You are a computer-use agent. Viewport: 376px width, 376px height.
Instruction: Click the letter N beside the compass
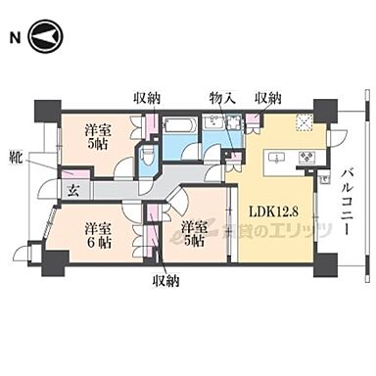[14, 39]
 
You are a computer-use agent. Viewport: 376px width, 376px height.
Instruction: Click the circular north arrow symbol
[44, 39]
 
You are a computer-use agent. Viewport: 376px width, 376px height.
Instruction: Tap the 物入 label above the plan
[222, 97]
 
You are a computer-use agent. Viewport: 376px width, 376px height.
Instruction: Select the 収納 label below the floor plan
[166, 282]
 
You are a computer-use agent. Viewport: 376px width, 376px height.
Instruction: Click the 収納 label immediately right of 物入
[268, 97]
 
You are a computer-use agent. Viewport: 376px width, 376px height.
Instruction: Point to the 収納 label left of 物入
[148, 97]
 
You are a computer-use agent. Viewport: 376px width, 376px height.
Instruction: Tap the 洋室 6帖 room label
[93, 230]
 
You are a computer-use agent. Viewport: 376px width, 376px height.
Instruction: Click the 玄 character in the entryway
[70, 189]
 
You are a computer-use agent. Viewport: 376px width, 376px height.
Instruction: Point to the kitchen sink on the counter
[275, 157]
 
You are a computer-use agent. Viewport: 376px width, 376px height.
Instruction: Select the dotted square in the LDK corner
[305, 122]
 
